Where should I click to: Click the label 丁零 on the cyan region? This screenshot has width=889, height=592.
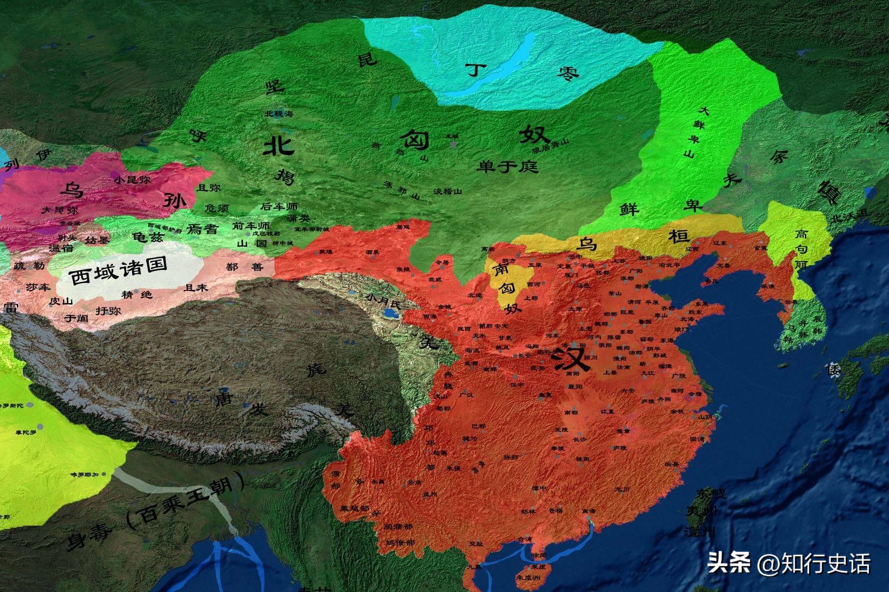521,71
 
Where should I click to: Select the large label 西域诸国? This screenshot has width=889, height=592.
119,271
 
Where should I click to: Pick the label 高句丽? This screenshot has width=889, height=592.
801,249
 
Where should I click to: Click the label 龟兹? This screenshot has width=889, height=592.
148,235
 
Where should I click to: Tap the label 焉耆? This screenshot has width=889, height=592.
202,229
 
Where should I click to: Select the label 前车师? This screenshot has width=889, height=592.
251,226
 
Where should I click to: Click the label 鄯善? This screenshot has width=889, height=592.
245,267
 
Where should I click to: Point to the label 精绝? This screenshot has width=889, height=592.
137,295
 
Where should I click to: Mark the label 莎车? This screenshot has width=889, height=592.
37,287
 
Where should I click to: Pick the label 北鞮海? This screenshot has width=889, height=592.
279,113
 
